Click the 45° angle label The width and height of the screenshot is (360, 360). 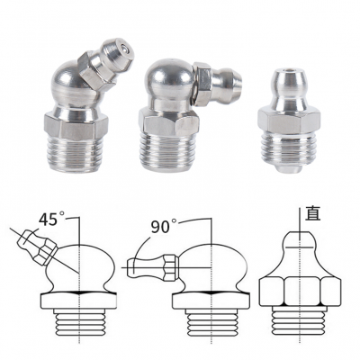tap(51, 219)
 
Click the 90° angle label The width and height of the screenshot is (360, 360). tap(164, 227)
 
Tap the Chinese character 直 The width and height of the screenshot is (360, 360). tap(312, 214)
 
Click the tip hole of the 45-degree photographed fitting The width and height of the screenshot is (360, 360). tap(123, 47)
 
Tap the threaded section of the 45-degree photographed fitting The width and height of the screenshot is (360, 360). tap(74, 156)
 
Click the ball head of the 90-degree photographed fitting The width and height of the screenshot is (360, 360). tap(168, 78)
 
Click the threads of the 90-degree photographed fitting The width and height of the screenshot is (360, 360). tap(168, 154)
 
